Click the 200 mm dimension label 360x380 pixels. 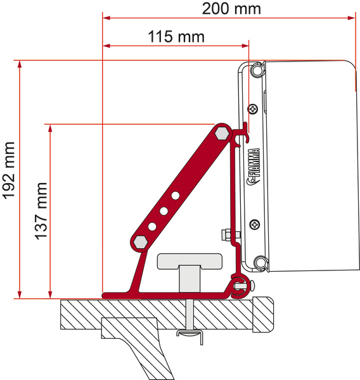[x=231, y=9]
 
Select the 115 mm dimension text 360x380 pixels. [x=176, y=37]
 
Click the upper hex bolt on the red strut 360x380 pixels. [x=222, y=133]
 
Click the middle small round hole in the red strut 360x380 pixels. [x=163, y=210]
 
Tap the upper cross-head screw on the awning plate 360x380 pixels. [x=254, y=110]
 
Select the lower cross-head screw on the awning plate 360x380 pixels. [x=254, y=224]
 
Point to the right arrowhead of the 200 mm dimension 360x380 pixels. [x=351, y=19]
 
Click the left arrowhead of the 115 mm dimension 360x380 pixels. [x=106, y=46]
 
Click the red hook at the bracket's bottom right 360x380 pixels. [x=239, y=288]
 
